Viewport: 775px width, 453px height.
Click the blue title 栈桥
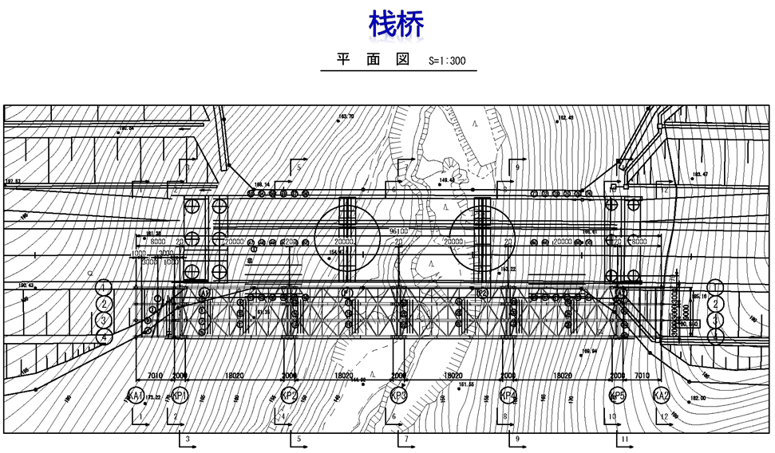pos(396,24)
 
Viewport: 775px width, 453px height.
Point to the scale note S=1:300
pos(447,61)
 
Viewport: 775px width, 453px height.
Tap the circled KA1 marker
pos(136,396)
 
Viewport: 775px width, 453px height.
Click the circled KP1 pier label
pos(180,396)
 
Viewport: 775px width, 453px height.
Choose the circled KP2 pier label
pos(290,396)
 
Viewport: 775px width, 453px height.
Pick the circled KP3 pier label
pos(399,396)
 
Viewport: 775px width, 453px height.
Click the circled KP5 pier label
pos(617,396)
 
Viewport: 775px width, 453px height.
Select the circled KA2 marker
pos(661,396)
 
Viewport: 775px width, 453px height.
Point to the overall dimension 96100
pos(398,231)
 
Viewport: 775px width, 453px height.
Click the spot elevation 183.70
pos(346,116)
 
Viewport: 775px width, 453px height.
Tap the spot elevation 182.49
pos(565,118)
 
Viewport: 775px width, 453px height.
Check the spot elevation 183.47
pos(700,174)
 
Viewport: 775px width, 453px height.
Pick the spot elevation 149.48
pos(447,179)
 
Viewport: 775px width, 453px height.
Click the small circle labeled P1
pos(346,293)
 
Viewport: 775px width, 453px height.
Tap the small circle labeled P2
pos(482,293)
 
